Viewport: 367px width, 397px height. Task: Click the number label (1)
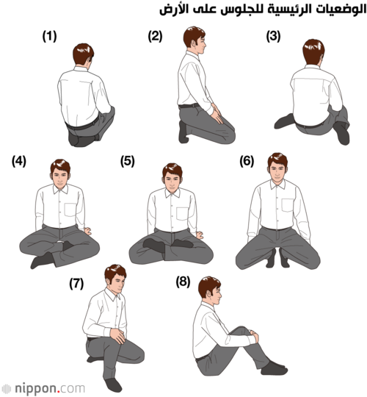pos(49,36)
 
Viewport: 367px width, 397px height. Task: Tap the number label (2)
pos(155,36)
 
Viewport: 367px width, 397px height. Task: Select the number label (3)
pos(273,36)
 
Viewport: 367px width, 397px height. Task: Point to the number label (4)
pos(19,161)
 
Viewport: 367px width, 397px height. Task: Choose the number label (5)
pos(128,161)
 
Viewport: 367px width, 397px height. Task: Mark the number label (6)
pos(247,161)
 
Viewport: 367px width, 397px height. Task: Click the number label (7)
pos(76,284)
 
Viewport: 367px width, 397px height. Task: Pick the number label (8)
pos(183,282)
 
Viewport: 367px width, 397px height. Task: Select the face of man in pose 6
pos(277,173)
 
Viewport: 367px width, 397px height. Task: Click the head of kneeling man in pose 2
pos(195,40)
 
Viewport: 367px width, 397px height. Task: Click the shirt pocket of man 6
pos(288,205)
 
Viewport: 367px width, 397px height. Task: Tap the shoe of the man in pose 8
pos(275,368)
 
